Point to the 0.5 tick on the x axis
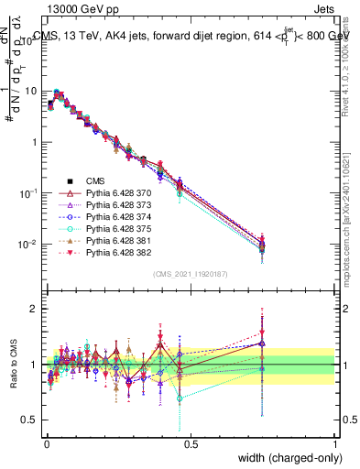click(191, 442)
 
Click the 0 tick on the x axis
click(46, 442)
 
